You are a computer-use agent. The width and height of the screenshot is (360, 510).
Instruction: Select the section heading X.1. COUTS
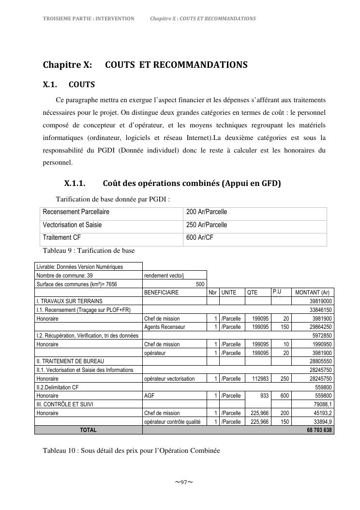click(69, 85)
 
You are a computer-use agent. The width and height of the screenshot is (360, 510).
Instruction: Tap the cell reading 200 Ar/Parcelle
click(207, 212)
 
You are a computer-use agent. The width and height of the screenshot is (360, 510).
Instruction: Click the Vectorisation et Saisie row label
click(72, 225)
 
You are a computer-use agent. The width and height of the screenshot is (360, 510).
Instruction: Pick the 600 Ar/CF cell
click(200, 237)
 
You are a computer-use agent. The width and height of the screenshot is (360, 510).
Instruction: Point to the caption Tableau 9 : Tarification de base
click(89, 250)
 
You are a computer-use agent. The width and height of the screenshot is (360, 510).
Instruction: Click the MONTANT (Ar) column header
click(312, 293)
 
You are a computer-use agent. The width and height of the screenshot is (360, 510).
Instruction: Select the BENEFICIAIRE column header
click(162, 293)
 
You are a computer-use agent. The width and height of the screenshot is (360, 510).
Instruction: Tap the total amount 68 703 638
click(319, 430)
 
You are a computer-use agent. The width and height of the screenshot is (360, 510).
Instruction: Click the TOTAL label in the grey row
click(88, 430)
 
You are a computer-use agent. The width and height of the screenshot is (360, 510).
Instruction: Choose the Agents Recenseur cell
click(165, 327)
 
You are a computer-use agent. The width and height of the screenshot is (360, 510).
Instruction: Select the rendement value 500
click(200, 284)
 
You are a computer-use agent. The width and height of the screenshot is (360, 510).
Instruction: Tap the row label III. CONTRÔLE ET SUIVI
click(65, 404)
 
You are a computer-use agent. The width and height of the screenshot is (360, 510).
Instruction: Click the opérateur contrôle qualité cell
click(172, 422)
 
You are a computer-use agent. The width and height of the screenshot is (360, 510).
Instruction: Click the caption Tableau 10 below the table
click(131, 450)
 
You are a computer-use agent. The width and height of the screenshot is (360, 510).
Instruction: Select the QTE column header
click(252, 293)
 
